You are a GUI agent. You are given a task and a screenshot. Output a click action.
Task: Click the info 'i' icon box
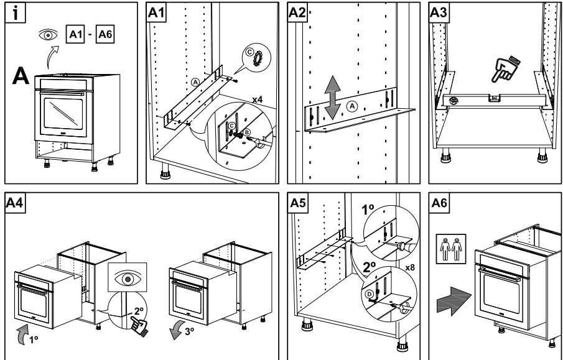click(13, 12)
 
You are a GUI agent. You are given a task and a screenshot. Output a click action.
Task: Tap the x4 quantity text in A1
click(258, 99)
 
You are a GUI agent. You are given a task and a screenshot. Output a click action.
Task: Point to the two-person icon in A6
click(449, 246)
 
